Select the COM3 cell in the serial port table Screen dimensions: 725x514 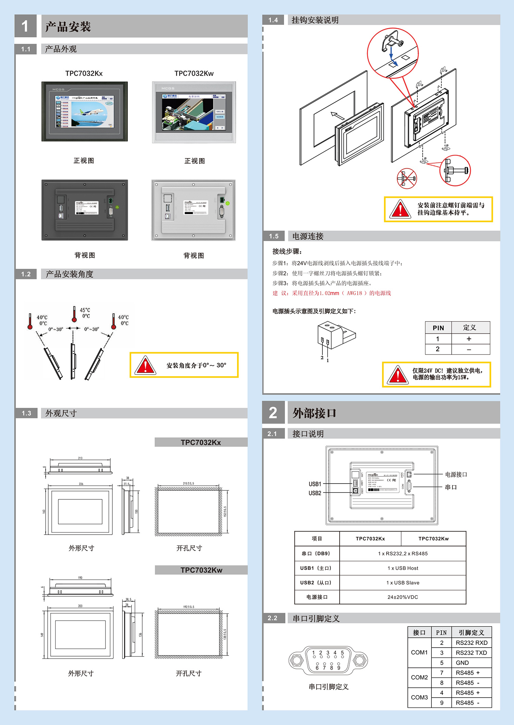point(419,697)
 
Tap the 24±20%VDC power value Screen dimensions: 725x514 point(403,597)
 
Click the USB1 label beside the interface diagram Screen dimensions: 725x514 point(315,484)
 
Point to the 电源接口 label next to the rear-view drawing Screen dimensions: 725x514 point(456,474)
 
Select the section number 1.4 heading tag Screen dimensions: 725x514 point(273,20)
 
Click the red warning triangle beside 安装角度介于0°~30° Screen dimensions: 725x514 point(145,365)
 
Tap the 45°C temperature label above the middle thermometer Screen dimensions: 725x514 point(85,310)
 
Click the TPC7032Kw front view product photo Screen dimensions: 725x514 point(194,112)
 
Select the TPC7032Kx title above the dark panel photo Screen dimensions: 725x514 point(84,73)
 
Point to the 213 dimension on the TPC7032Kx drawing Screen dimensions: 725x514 point(80,458)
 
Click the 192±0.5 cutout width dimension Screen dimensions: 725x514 point(188,607)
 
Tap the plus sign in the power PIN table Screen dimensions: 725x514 point(469,339)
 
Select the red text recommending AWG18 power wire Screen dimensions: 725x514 point(331,293)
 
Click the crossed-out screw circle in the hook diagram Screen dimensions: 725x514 point(406,178)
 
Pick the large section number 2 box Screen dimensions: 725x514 point(273,413)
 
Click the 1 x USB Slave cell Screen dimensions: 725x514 point(403,583)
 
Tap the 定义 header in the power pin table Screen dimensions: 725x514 point(469,327)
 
